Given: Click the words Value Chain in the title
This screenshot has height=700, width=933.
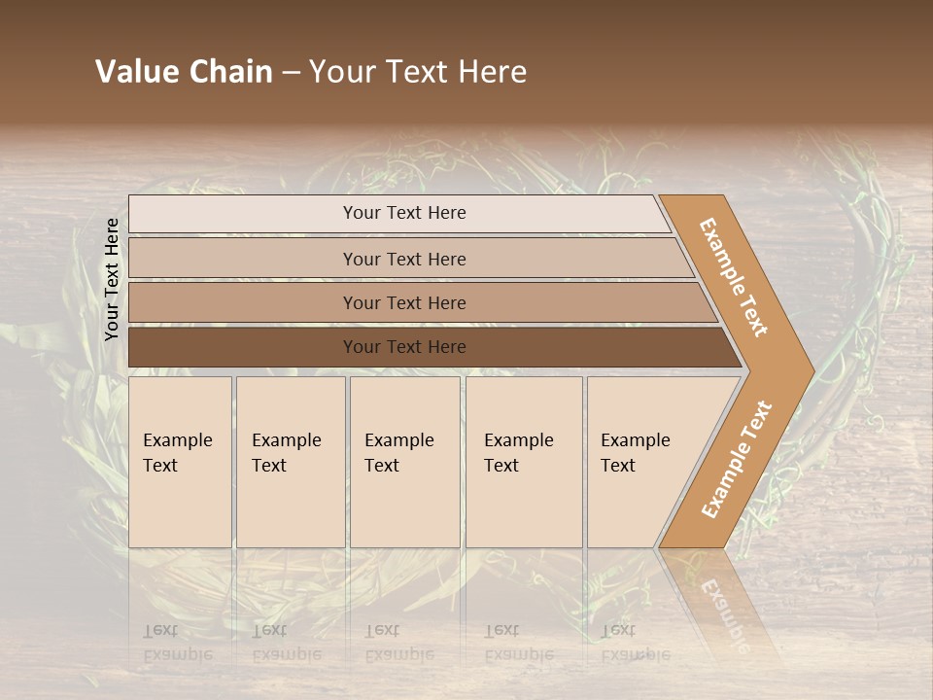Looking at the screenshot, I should click(184, 72).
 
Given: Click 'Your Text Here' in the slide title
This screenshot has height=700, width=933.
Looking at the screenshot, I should click(418, 72).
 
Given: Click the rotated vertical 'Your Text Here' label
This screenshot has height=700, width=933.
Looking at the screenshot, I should click(112, 279).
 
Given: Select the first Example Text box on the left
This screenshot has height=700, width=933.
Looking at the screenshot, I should click(180, 462).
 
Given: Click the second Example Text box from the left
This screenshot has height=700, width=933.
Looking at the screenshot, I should click(290, 462).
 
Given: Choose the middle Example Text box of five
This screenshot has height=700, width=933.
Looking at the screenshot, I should click(404, 462).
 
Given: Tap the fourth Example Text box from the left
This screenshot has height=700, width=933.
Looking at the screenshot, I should click(524, 462).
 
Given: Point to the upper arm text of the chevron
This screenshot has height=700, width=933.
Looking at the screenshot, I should click(734, 277).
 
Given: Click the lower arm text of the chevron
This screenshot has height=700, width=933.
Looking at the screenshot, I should click(737, 459).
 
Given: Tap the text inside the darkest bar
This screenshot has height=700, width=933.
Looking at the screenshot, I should click(404, 347).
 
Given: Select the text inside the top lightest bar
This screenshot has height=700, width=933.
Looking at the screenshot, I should click(404, 213).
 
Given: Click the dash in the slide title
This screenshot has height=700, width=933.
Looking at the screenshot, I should click(291, 73).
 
